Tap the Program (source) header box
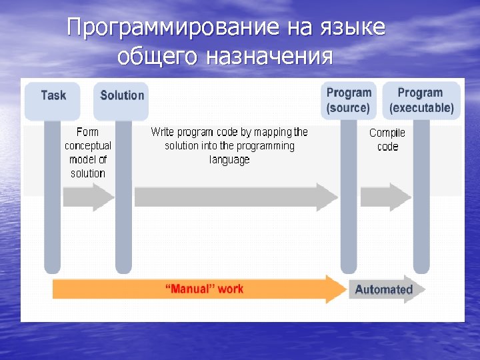point(349,100)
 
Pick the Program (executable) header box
point(421,100)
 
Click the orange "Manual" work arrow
point(200,289)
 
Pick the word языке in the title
point(355,28)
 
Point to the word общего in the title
point(157,57)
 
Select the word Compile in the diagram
point(387,133)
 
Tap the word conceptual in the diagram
point(88,145)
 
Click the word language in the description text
point(229,159)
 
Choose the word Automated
point(383,290)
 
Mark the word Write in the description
point(163,132)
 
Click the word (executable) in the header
point(421,107)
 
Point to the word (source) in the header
point(348,107)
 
